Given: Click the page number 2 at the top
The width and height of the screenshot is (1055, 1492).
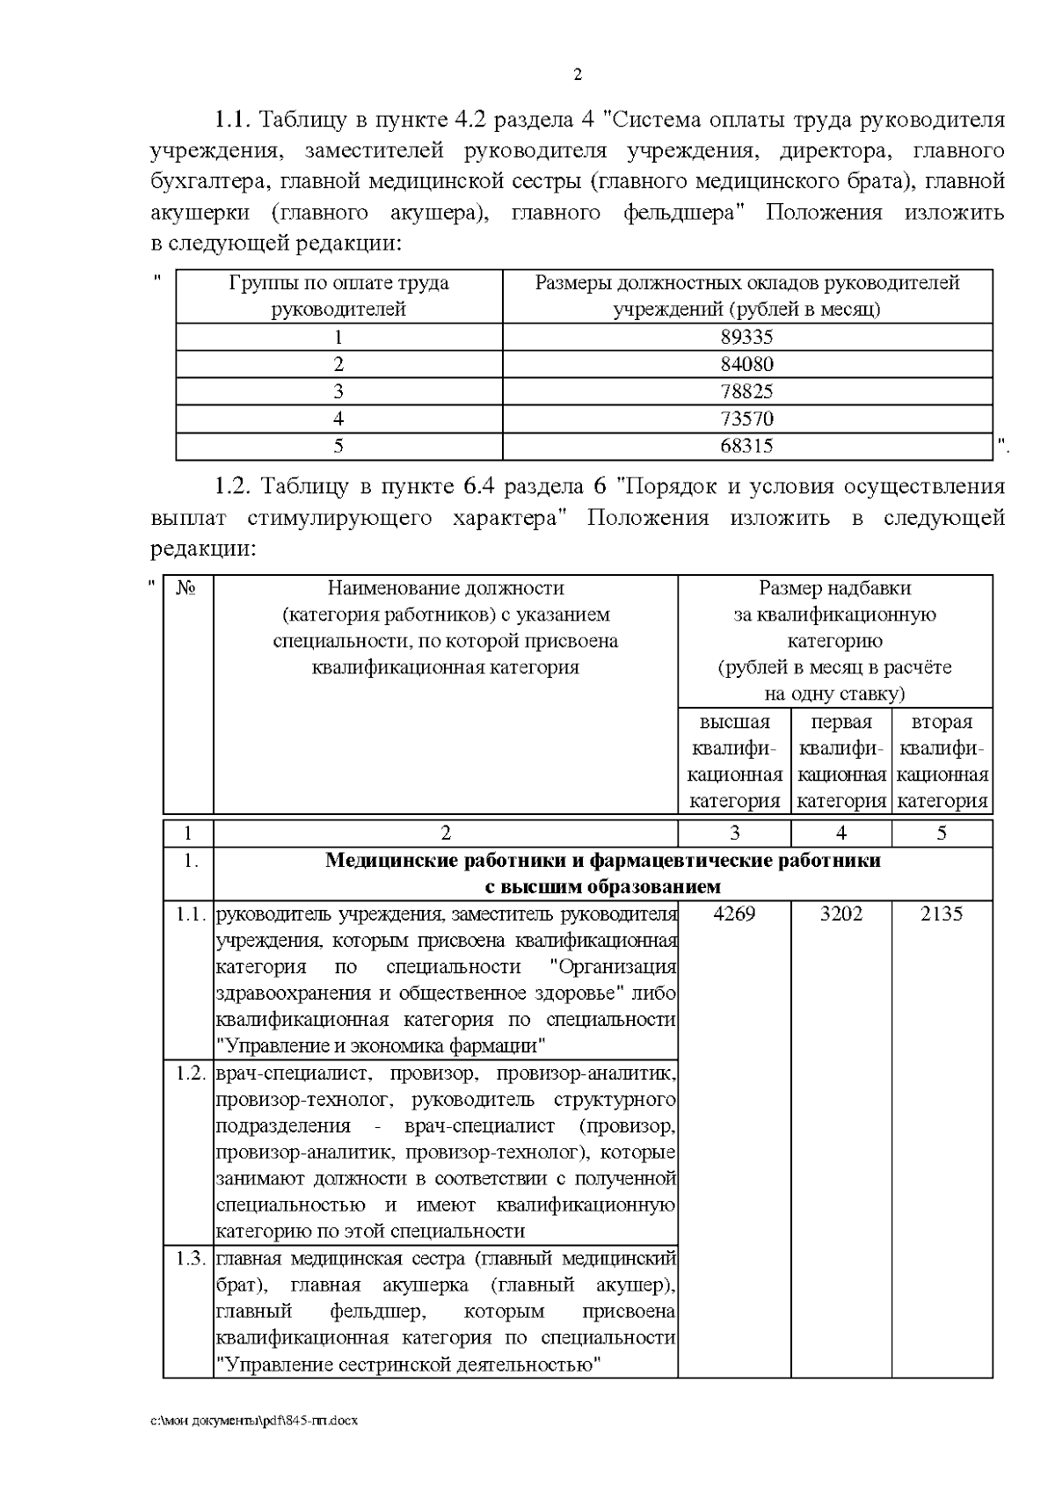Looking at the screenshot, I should pos(577,75).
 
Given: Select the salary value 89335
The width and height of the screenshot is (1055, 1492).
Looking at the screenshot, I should pos(746,337).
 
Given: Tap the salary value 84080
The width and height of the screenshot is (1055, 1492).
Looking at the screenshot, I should pos(746,364).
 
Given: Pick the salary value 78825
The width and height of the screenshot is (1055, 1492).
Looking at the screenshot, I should pos(746,391).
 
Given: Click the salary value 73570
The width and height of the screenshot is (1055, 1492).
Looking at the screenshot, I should pos(746,418).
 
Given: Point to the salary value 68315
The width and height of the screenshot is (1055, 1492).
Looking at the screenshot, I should pos(746,446).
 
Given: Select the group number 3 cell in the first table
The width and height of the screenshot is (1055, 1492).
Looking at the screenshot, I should pos(338,391).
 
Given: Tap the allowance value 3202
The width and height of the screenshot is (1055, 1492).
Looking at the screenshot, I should pos(840,913).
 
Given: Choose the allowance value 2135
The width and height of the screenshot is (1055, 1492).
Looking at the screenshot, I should pos(941,913).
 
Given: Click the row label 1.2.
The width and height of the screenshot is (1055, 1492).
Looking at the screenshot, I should pos(190,1073).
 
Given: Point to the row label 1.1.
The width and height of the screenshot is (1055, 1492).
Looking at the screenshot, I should pos(190,913).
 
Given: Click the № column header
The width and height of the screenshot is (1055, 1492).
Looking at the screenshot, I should pos(186,588).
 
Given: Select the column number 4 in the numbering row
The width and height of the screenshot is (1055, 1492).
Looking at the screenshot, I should pos(840,833).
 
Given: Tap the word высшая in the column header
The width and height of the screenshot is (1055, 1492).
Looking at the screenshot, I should pos(734,722).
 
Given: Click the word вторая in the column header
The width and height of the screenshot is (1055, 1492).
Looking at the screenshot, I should pos(942,722).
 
